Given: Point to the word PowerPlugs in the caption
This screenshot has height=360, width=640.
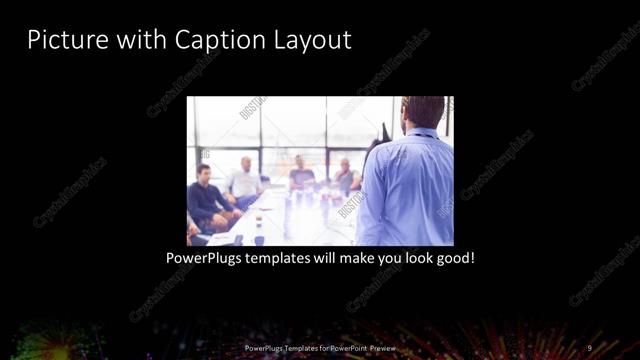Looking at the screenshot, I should tap(207, 258).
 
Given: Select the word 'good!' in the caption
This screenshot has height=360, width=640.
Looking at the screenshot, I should tap(453, 258).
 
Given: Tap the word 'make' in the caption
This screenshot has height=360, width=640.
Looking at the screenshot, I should tap(349, 258).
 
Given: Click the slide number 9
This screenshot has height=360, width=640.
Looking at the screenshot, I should tap(589, 347).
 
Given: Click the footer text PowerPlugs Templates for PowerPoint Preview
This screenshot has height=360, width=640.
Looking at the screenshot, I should tap(320, 347).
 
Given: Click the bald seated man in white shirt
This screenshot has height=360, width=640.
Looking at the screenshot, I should tap(244, 181).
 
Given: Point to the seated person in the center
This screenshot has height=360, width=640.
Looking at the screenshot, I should tap(300, 175).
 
